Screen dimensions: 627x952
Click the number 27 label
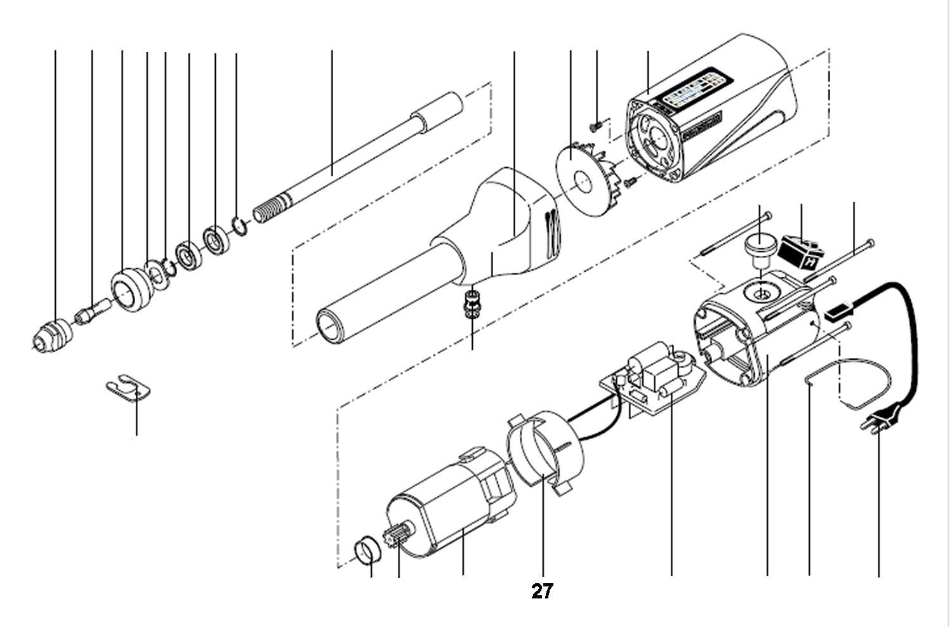(541, 591)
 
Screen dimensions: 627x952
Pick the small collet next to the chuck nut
(92, 311)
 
